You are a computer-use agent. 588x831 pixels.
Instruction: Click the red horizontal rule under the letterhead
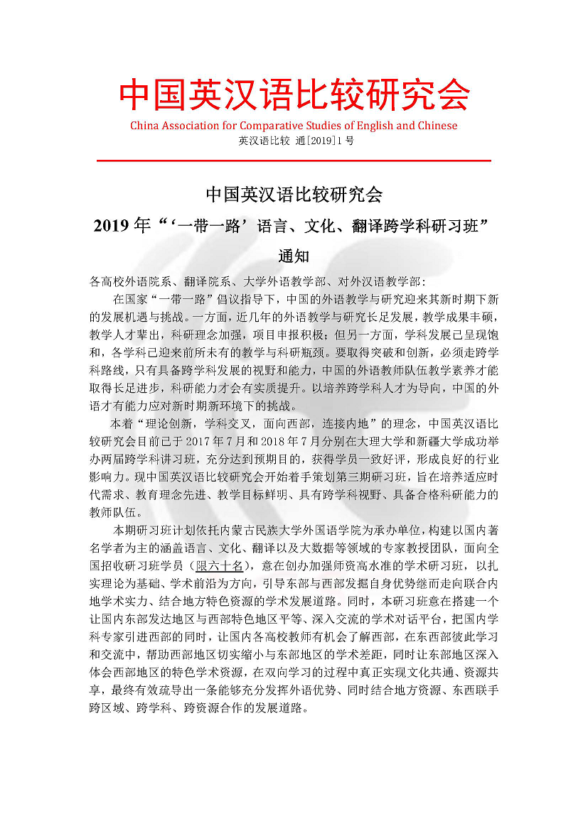tap(294, 161)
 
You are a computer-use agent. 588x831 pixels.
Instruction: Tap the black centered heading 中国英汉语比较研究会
tap(294, 193)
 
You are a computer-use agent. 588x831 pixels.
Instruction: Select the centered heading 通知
tap(294, 256)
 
